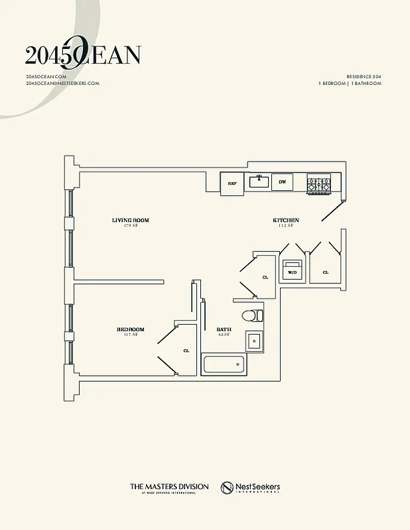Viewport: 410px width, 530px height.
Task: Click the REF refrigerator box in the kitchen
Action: (232, 183)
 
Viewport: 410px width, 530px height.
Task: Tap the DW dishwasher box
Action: (282, 182)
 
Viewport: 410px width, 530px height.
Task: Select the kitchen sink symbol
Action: (258, 181)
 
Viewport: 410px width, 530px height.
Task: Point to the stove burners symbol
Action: (318, 184)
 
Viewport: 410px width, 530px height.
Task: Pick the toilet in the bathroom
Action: (252, 315)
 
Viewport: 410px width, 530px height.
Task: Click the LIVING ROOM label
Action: (130, 220)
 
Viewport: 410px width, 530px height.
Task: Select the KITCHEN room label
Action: (286, 220)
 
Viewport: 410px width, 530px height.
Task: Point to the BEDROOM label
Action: (130, 329)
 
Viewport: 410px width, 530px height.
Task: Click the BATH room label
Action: (224, 329)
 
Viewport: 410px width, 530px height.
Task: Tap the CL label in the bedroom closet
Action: (186, 350)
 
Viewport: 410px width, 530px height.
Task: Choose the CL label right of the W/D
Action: (325, 272)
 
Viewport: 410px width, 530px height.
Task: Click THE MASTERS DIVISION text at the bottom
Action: (169, 487)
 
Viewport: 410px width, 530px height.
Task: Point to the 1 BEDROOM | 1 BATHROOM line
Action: (350, 84)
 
